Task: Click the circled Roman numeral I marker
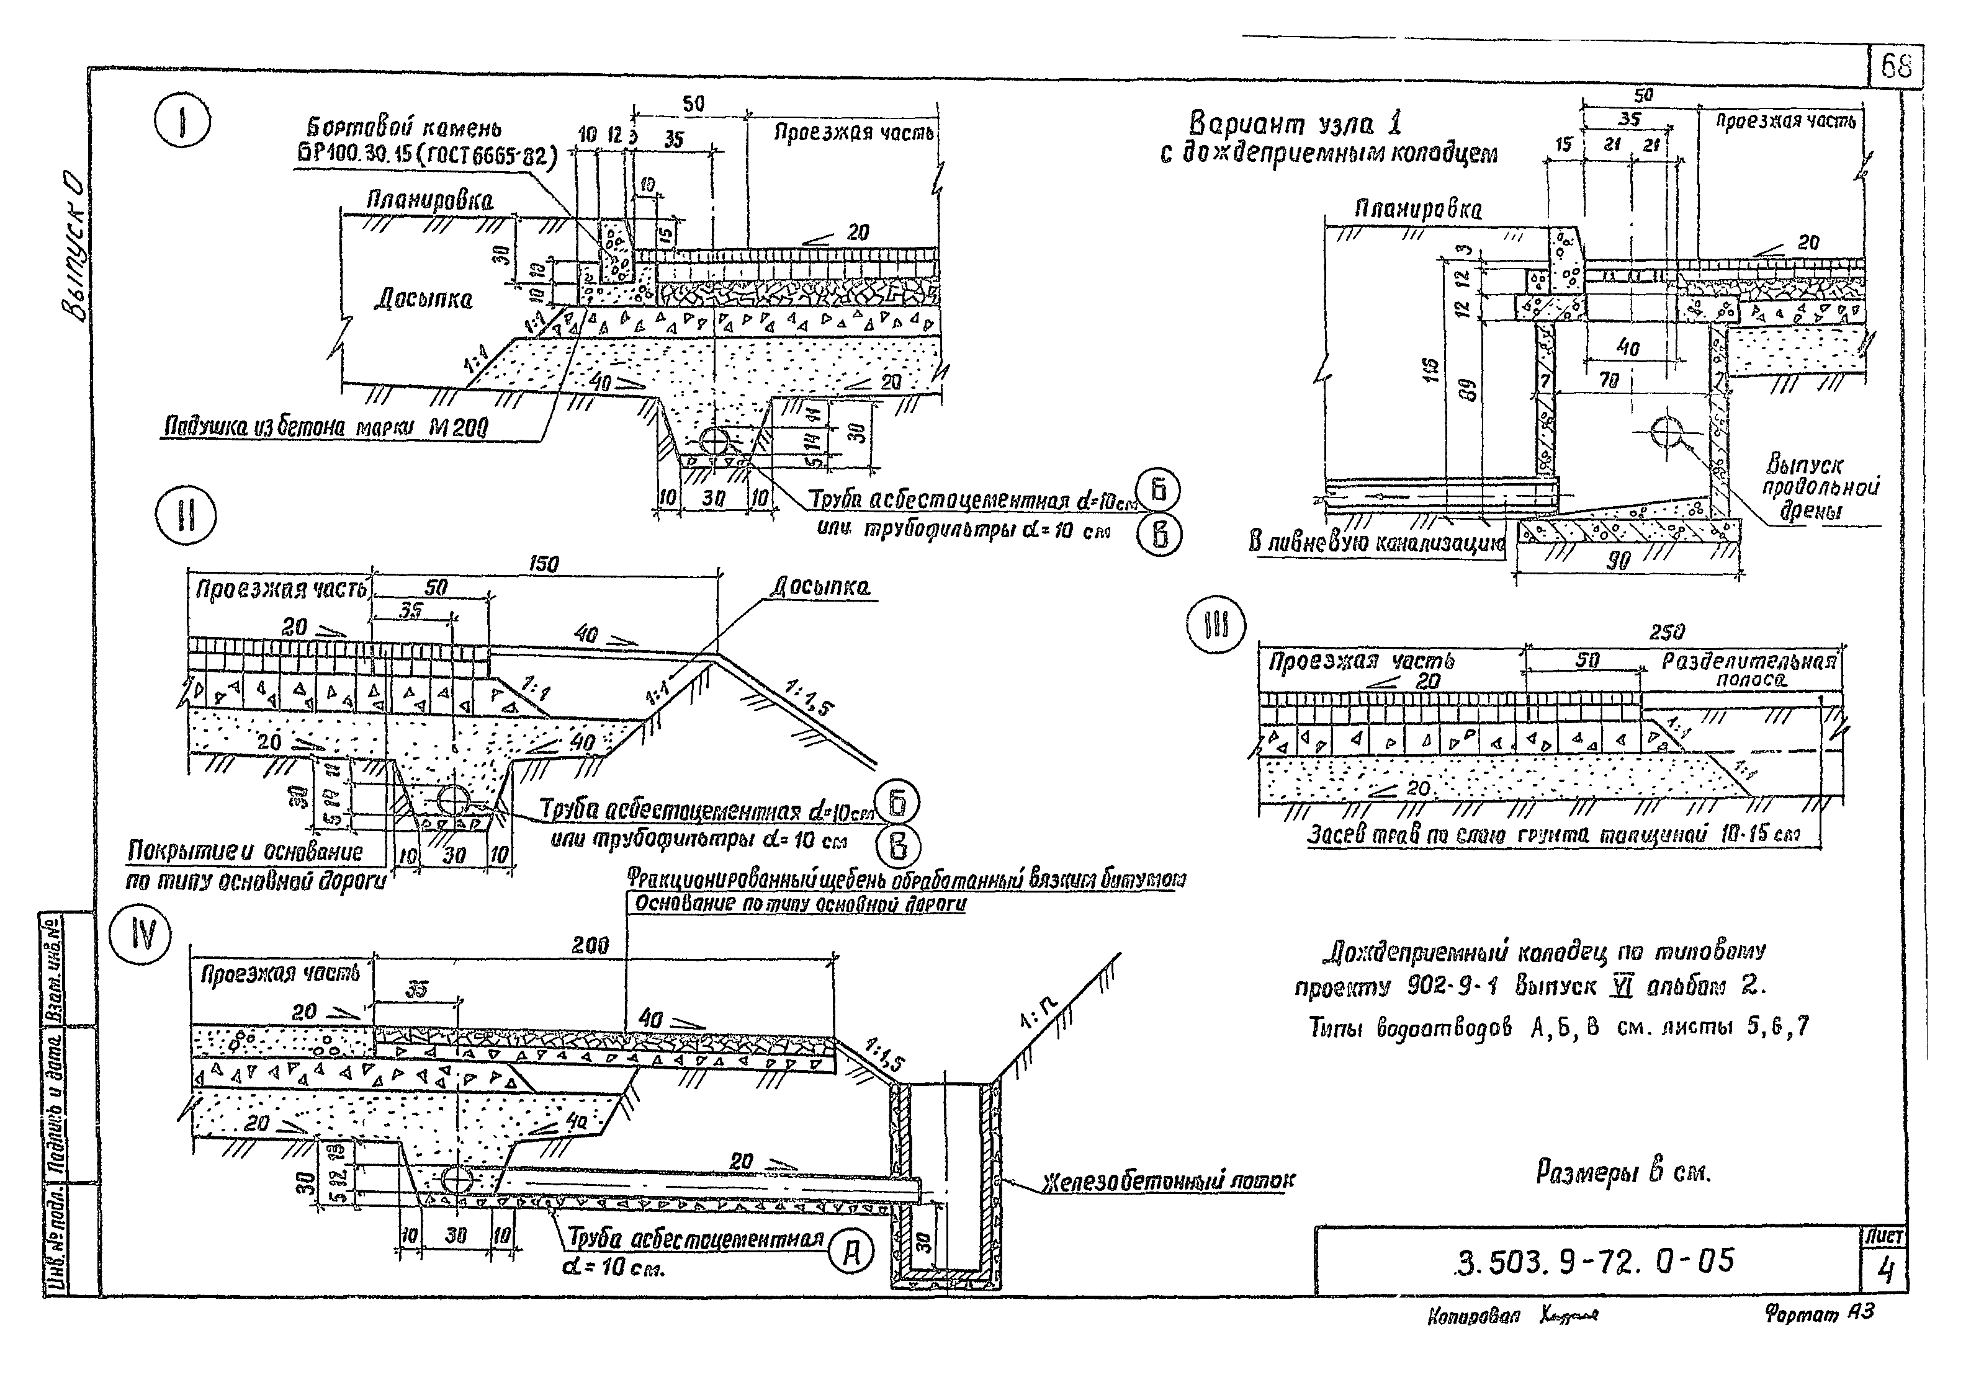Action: click(x=183, y=125)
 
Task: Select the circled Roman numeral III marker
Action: click(x=1216, y=626)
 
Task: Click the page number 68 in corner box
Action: click(x=1895, y=66)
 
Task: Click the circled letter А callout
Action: click(x=851, y=1254)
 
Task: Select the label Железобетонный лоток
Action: click(x=1169, y=1182)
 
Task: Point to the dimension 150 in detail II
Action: click(x=544, y=564)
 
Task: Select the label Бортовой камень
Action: click(x=405, y=129)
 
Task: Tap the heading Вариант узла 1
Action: click(x=1295, y=125)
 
